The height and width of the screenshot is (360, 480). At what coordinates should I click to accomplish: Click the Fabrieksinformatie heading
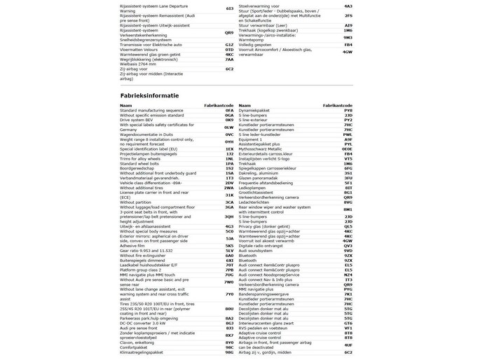pyautogui.click(x=149, y=95)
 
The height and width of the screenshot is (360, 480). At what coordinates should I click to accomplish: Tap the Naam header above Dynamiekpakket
pyautogui.click(x=245, y=104)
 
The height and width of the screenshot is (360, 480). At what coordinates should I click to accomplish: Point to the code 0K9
pyautogui.click(x=229, y=120)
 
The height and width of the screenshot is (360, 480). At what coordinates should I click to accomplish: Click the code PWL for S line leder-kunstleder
pyautogui.click(x=348, y=134)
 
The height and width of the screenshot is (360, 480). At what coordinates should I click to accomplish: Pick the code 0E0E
pyautogui.click(x=347, y=148)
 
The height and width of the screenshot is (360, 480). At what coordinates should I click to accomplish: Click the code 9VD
pyautogui.click(x=348, y=250)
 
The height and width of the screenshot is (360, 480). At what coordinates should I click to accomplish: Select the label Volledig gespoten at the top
pyautogui.click(x=259, y=44)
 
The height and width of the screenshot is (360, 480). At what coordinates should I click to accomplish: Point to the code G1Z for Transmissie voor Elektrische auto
pyautogui.click(x=229, y=44)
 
